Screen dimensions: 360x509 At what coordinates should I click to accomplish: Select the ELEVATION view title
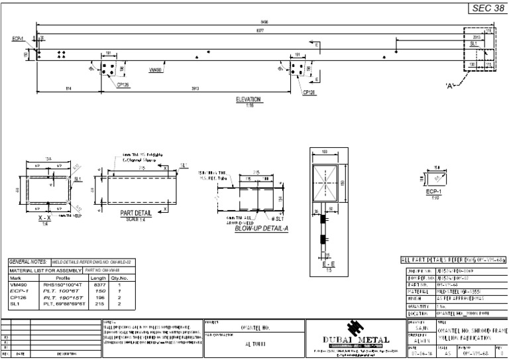[249, 99]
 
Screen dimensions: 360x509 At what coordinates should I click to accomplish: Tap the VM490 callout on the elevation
[156, 69]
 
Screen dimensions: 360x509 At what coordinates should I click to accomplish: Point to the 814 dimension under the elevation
[69, 88]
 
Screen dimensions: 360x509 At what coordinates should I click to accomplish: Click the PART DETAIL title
[136, 212]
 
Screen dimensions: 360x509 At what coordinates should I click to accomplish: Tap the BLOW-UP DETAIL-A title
[258, 227]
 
